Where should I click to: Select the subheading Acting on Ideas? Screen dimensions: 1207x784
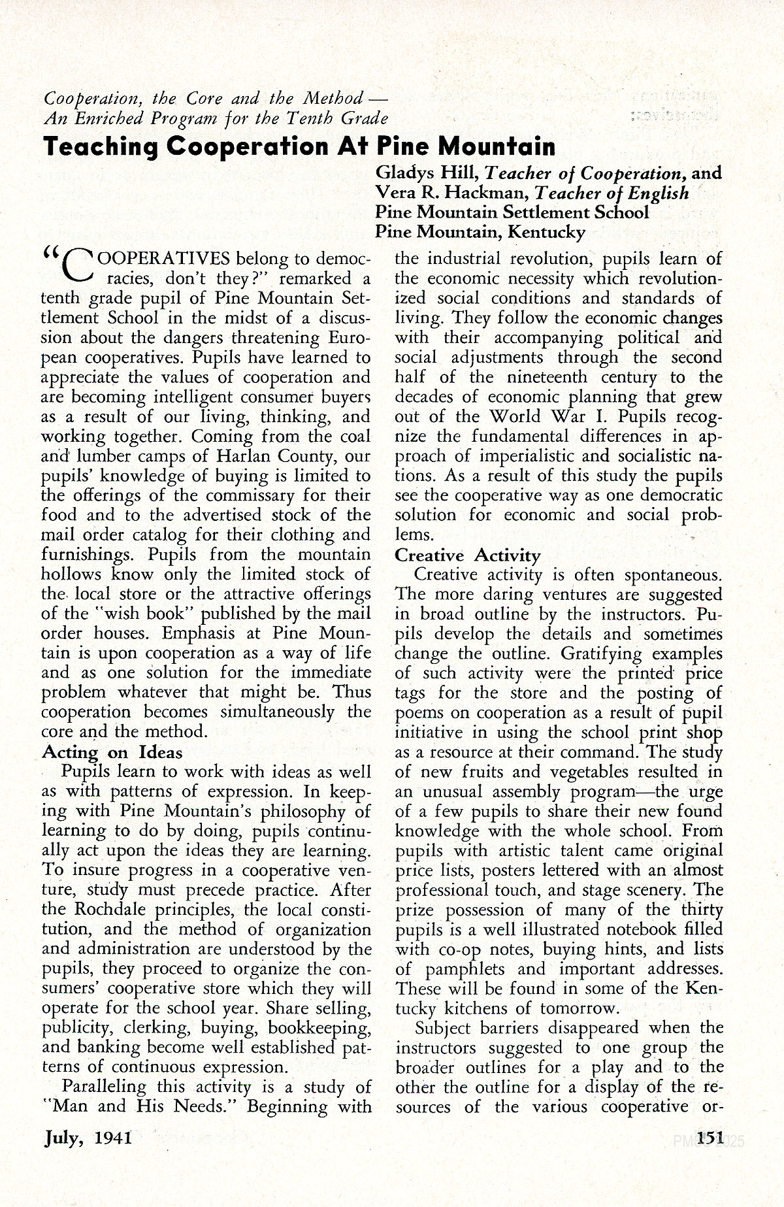pos(112,752)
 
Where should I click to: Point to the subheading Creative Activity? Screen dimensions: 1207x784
pos(468,555)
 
